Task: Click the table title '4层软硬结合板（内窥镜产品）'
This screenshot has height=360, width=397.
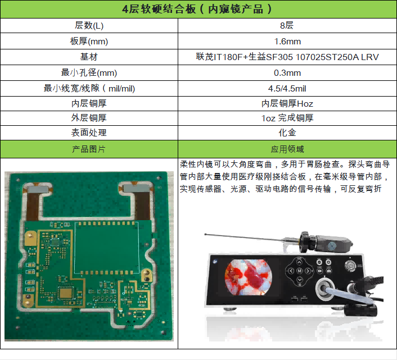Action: tap(197, 9)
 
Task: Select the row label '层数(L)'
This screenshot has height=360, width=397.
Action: tap(89, 25)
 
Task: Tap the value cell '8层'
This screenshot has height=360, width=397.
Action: tap(287, 25)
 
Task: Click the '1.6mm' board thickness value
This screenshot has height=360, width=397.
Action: tap(287, 41)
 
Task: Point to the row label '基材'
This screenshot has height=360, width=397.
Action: tap(89, 57)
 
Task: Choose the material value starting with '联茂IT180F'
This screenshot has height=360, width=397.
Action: tap(287, 57)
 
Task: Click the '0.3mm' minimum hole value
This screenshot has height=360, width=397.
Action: tap(287, 73)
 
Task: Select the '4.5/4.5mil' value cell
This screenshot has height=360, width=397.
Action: tap(287, 89)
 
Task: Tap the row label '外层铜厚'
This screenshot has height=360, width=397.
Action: tap(89, 118)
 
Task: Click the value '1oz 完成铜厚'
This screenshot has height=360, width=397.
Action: tap(287, 118)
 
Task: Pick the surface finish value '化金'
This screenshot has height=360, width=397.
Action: tap(287, 133)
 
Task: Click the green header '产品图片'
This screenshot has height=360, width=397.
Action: tap(89, 149)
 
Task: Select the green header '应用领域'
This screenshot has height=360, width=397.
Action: tap(287, 149)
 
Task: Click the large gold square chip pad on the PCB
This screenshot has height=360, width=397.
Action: tap(66, 293)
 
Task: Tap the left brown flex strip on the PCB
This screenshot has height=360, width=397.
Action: tap(33, 206)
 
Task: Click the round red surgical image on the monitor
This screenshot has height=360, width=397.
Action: tap(249, 277)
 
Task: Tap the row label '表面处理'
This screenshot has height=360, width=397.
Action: tap(89, 133)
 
